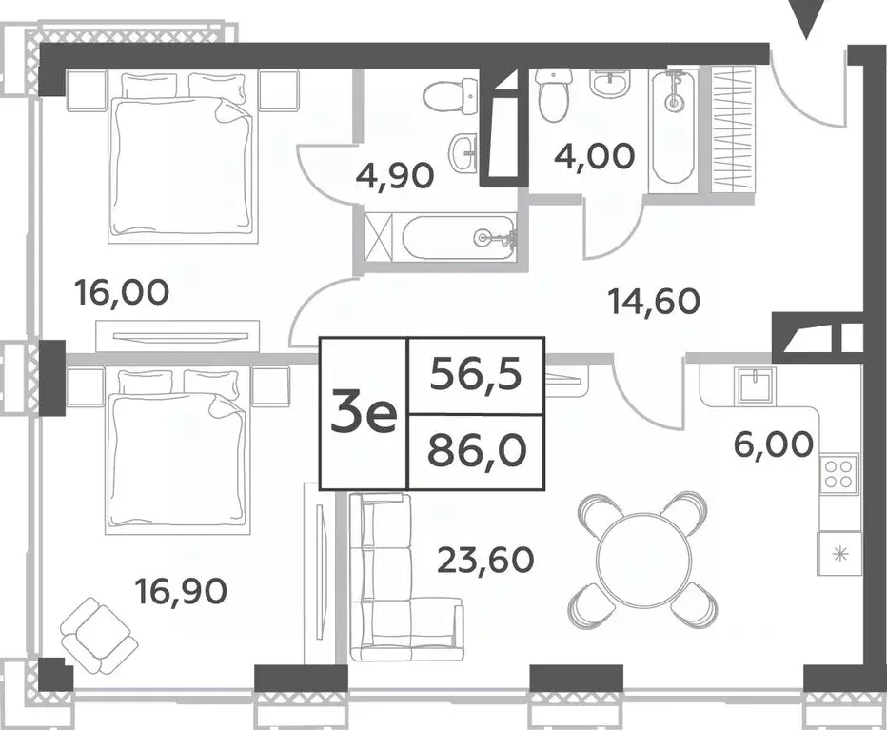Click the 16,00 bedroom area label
pyautogui.click(x=121, y=292)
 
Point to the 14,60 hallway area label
pyautogui.click(x=654, y=302)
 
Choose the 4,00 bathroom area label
pyautogui.click(x=596, y=155)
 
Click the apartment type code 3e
pyautogui.click(x=363, y=416)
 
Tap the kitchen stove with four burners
pyautogui.click(x=838, y=473)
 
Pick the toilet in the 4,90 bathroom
pyautogui.click(x=443, y=96)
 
